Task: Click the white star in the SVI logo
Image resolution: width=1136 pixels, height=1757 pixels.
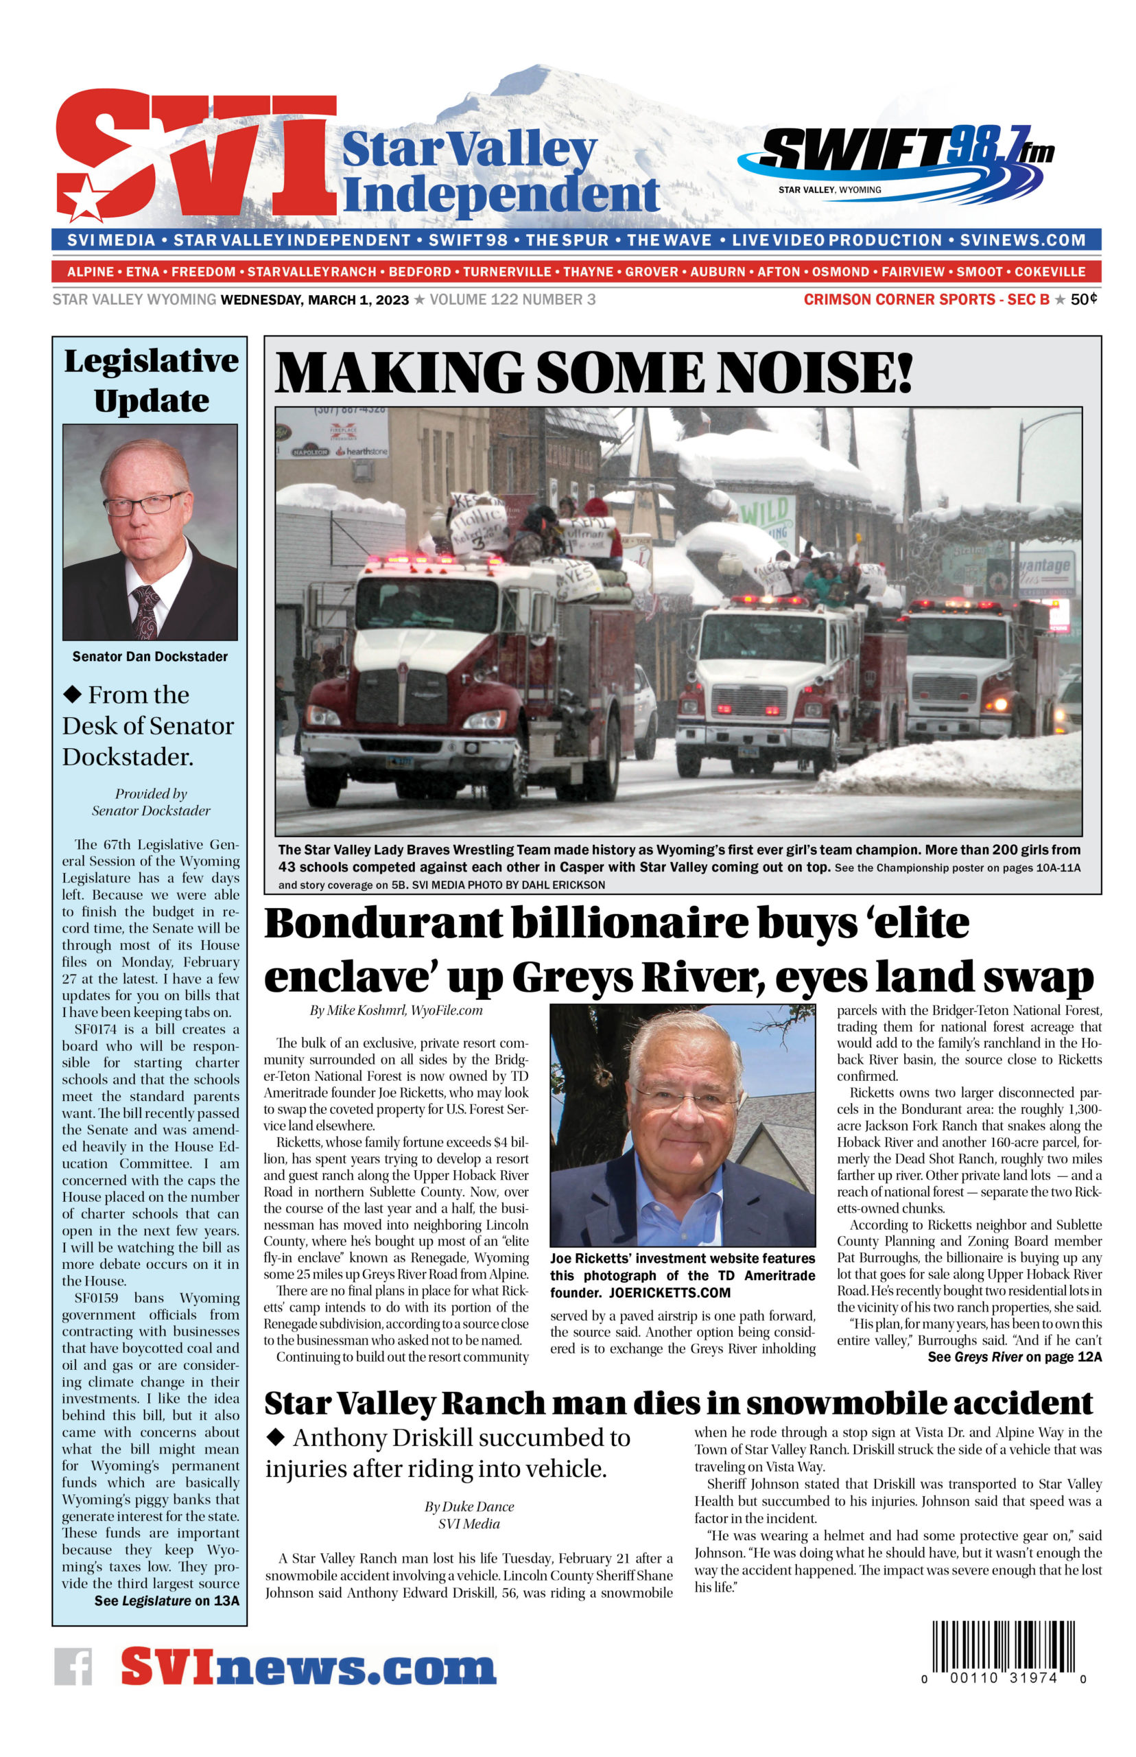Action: click(x=86, y=197)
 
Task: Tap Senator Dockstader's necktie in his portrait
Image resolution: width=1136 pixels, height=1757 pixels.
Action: click(x=145, y=612)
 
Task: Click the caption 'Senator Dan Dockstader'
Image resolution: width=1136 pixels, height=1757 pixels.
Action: click(x=150, y=656)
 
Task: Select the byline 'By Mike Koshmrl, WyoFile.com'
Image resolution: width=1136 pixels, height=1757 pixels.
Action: click(x=395, y=1010)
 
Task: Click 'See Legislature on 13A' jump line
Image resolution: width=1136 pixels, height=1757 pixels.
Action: click(x=167, y=1601)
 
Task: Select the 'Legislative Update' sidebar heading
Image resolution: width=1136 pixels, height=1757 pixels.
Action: click(x=151, y=381)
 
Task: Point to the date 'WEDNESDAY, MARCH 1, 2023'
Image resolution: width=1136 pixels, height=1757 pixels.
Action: click(x=315, y=300)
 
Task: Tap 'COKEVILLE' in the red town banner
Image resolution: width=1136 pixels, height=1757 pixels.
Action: click(x=1050, y=272)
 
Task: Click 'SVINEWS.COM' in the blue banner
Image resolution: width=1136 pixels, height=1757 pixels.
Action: click(x=1022, y=240)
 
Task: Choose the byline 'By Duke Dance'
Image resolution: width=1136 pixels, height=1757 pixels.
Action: click(x=469, y=1506)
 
